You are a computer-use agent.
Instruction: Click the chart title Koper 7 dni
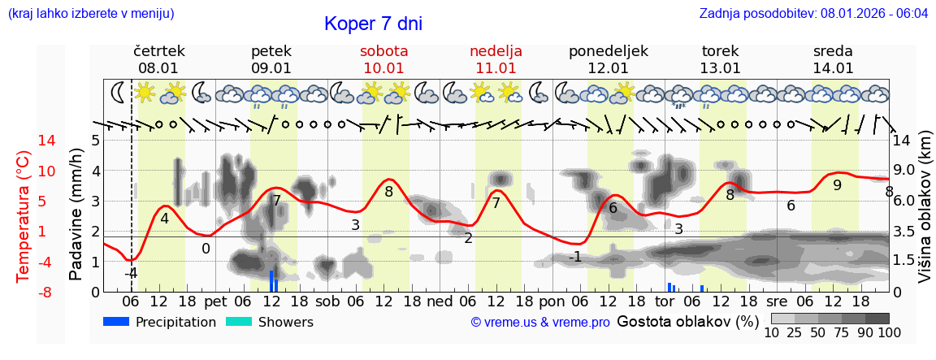point(373,24)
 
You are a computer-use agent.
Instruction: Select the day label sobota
point(384,51)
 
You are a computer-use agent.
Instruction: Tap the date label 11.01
point(496,68)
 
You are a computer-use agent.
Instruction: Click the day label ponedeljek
point(609,51)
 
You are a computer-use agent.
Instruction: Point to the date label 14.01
point(833,68)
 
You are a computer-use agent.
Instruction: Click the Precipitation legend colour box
point(117,322)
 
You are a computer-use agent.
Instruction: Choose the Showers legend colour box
point(239,322)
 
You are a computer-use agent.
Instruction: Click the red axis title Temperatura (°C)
point(25,215)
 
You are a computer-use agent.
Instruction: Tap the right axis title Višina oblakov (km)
point(925,215)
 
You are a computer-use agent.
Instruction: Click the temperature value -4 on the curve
point(130,273)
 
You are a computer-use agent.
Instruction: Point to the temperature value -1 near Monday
point(574,257)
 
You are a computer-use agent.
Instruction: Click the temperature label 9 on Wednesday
point(837,185)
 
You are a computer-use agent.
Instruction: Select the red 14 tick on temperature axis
point(24,141)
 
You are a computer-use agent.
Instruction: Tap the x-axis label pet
point(215,301)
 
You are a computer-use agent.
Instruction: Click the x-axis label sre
point(778,301)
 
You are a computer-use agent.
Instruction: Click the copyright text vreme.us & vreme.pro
point(539,322)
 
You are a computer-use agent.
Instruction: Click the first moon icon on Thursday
point(119,91)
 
